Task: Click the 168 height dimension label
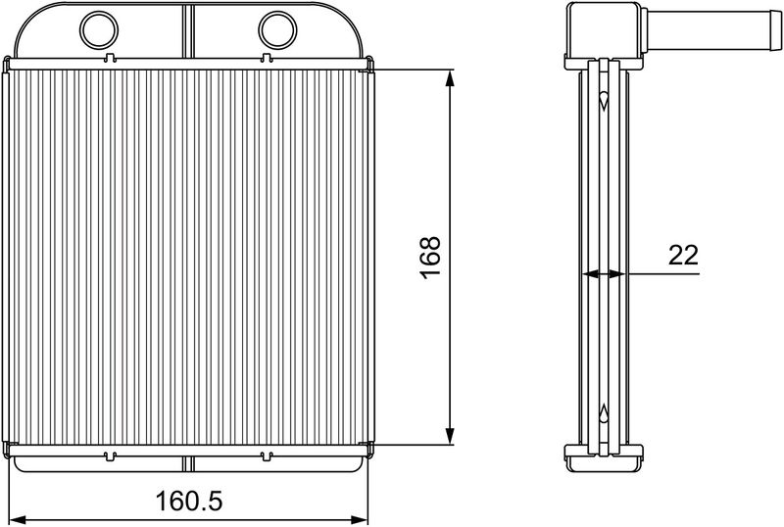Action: click(x=430, y=258)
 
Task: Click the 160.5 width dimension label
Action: click(x=189, y=501)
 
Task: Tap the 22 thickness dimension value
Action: click(x=683, y=256)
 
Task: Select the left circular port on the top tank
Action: click(x=99, y=30)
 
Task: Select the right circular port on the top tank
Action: click(x=277, y=30)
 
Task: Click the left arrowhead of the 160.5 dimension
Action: click(x=19, y=520)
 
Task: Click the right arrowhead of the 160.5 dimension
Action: click(x=359, y=520)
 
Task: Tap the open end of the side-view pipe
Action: click(x=776, y=30)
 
